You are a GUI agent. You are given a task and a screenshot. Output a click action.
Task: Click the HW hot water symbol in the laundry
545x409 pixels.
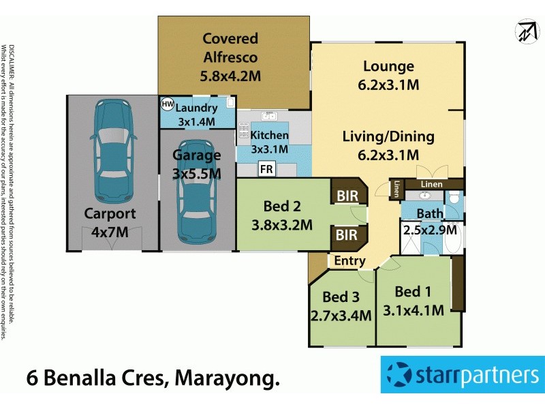pos(167,104)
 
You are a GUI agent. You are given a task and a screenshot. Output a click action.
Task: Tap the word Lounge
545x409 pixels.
pos(388,66)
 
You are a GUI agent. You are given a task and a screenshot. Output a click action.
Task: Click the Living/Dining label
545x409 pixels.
pos(388,136)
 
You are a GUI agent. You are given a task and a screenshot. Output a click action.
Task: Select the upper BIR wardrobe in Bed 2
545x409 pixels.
pos(346,196)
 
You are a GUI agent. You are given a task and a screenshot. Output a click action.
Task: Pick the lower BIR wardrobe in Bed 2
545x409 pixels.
pos(346,235)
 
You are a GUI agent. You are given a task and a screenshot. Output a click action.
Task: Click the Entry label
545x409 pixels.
pos(350,261)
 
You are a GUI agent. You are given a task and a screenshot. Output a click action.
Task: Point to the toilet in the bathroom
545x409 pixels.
pos(454,201)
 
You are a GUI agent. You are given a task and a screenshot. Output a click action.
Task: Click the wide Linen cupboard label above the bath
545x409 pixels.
pos(431,184)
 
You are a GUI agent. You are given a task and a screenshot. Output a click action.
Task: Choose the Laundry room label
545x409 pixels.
pos(196,108)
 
